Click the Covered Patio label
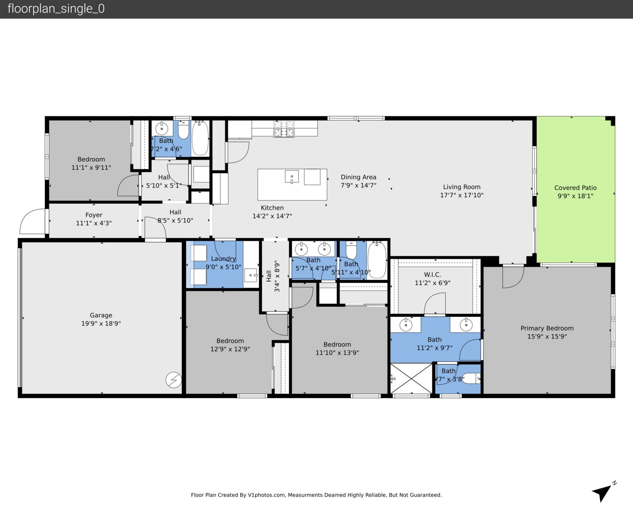[x=575, y=188]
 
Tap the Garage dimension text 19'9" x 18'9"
[x=101, y=323]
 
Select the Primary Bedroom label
[x=547, y=328]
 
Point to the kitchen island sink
[x=292, y=176]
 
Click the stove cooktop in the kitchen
[x=284, y=129]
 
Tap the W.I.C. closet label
[x=432, y=275]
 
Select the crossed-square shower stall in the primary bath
[x=411, y=378]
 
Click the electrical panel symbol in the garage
[x=174, y=380]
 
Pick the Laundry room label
[x=223, y=259]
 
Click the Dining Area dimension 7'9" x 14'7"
[x=358, y=185]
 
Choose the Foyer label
[x=94, y=215]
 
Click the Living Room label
[x=462, y=187]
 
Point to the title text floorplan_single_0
[x=56, y=9]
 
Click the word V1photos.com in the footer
[x=266, y=495]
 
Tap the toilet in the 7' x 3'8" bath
[x=472, y=378]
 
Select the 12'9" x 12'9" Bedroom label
[x=230, y=341]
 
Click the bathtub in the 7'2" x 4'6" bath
[x=200, y=138]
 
